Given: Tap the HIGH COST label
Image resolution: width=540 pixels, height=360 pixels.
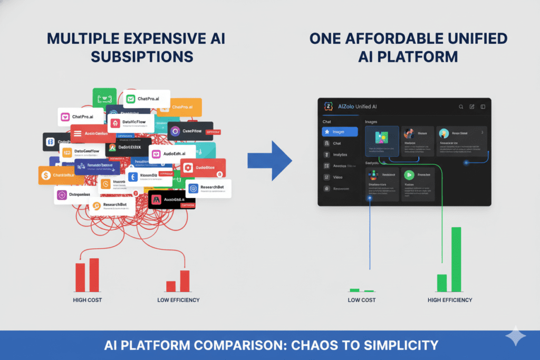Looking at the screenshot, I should [88, 300].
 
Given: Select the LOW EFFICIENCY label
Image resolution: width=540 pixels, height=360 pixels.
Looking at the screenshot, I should [178, 300].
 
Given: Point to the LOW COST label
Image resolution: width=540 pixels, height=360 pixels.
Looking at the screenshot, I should [362, 300].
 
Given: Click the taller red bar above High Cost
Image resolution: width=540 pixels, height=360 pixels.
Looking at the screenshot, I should [94, 275].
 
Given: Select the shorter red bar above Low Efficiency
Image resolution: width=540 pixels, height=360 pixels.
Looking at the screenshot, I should [171, 286].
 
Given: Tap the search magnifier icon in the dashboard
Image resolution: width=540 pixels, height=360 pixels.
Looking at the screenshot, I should [461, 106].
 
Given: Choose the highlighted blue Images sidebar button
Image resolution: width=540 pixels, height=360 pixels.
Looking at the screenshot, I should [340, 132].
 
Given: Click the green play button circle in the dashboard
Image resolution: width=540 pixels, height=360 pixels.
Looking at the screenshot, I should [409, 175].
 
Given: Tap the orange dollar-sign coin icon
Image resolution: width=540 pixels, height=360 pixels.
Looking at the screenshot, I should [46, 175].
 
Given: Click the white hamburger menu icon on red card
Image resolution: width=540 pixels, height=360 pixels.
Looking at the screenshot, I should [77, 133].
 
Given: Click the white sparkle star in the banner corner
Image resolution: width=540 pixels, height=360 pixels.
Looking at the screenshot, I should [515, 338].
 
